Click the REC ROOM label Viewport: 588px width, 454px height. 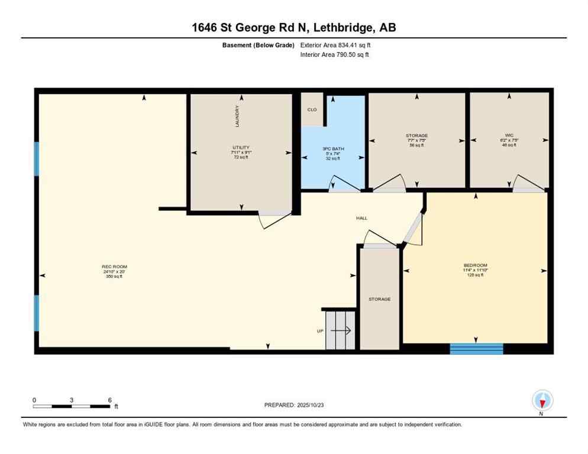pyautogui.click(x=114, y=267)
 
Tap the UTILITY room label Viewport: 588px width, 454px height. pyautogui.click(x=241, y=148)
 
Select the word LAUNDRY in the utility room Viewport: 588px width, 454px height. pyautogui.click(x=237, y=116)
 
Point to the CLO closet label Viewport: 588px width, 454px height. pyautogui.click(x=312, y=109)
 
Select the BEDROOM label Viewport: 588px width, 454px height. pyautogui.click(x=475, y=265)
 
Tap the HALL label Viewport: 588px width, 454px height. pyautogui.click(x=361, y=218)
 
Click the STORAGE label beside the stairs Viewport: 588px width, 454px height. pyautogui.click(x=379, y=299)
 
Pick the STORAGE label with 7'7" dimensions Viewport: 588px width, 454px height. pyautogui.click(x=416, y=136)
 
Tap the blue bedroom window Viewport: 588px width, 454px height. pyautogui.click(x=476, y=348)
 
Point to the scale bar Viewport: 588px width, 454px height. pyautogui.click(x=72, y=406)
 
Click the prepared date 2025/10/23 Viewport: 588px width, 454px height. pyautogui.click(x=294, y=405)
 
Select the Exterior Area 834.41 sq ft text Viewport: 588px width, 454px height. pyautogui.click(x=335, y=45)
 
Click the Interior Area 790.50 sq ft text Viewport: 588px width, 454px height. pyautogui.click(x=335, y=55)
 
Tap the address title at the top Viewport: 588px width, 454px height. pyautogui.click(x=294, y=27)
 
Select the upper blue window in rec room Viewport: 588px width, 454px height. pyautogui.click(x=37, y=158)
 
